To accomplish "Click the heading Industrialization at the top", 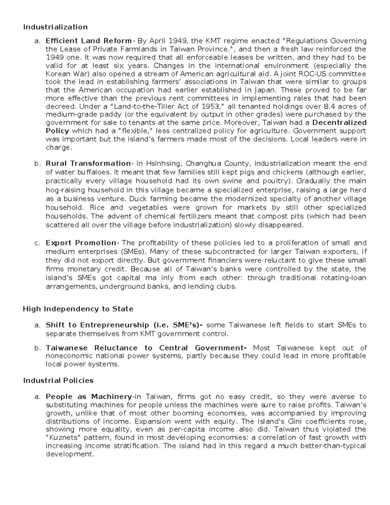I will tap(55, 27).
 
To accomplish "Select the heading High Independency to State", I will tap(78, 309).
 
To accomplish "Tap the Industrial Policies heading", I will tap(58, 380).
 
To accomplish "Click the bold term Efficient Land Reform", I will tap(88, 41).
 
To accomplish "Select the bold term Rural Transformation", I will tap(88, 164).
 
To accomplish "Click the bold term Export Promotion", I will tap(81, 243).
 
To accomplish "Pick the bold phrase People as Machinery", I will tap(88, 397).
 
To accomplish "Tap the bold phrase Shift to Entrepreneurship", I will tap(97, 325).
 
